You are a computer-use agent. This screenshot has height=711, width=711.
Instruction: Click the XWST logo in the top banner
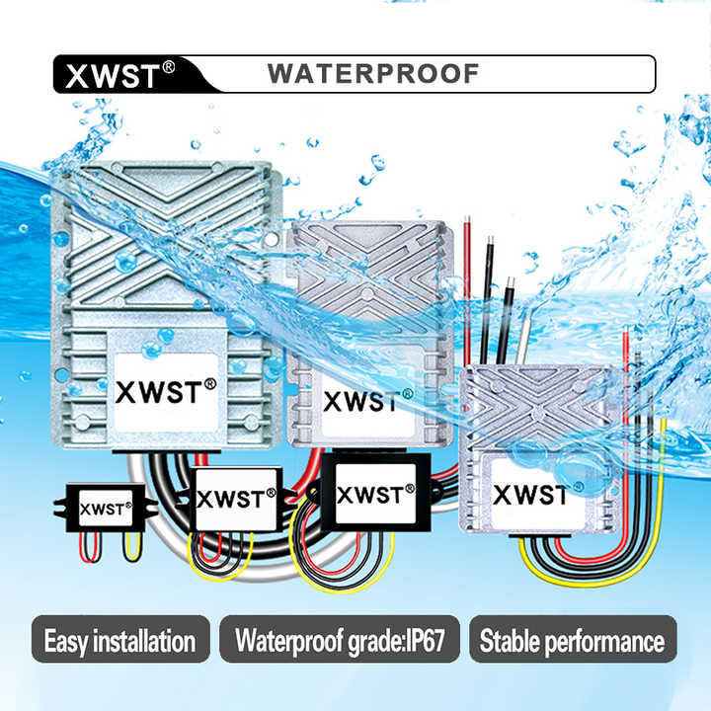tap(111, 76)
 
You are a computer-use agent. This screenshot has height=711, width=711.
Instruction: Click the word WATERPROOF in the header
tap(373, 74)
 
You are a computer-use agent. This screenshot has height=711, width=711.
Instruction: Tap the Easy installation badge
tap(119, 642)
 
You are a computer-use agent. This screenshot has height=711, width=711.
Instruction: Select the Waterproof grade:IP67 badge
tap(339, 642)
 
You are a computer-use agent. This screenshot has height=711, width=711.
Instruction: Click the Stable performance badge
tap(572, 642)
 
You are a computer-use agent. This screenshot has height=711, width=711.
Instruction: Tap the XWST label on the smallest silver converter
tap(529, 494)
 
